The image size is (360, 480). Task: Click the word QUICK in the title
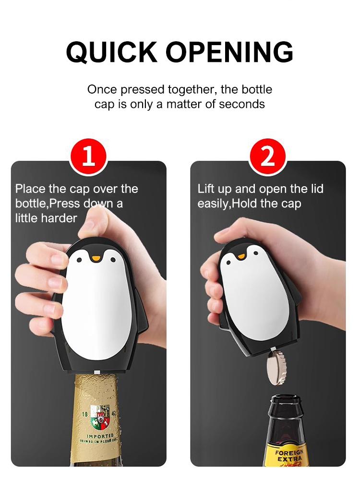point(111,51)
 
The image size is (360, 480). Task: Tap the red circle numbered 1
point(88,157)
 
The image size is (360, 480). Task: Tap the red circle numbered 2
point(267,157)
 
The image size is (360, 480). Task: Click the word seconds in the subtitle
point(242,104)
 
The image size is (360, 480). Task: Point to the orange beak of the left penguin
point(96,259)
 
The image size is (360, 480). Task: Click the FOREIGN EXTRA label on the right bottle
point(289,456)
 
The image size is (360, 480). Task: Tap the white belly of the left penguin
point(96,307)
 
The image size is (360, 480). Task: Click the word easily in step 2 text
point(214,204)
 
